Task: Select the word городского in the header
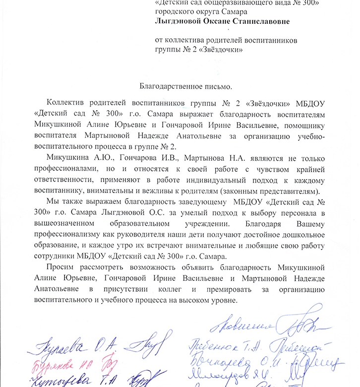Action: [175, 12]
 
